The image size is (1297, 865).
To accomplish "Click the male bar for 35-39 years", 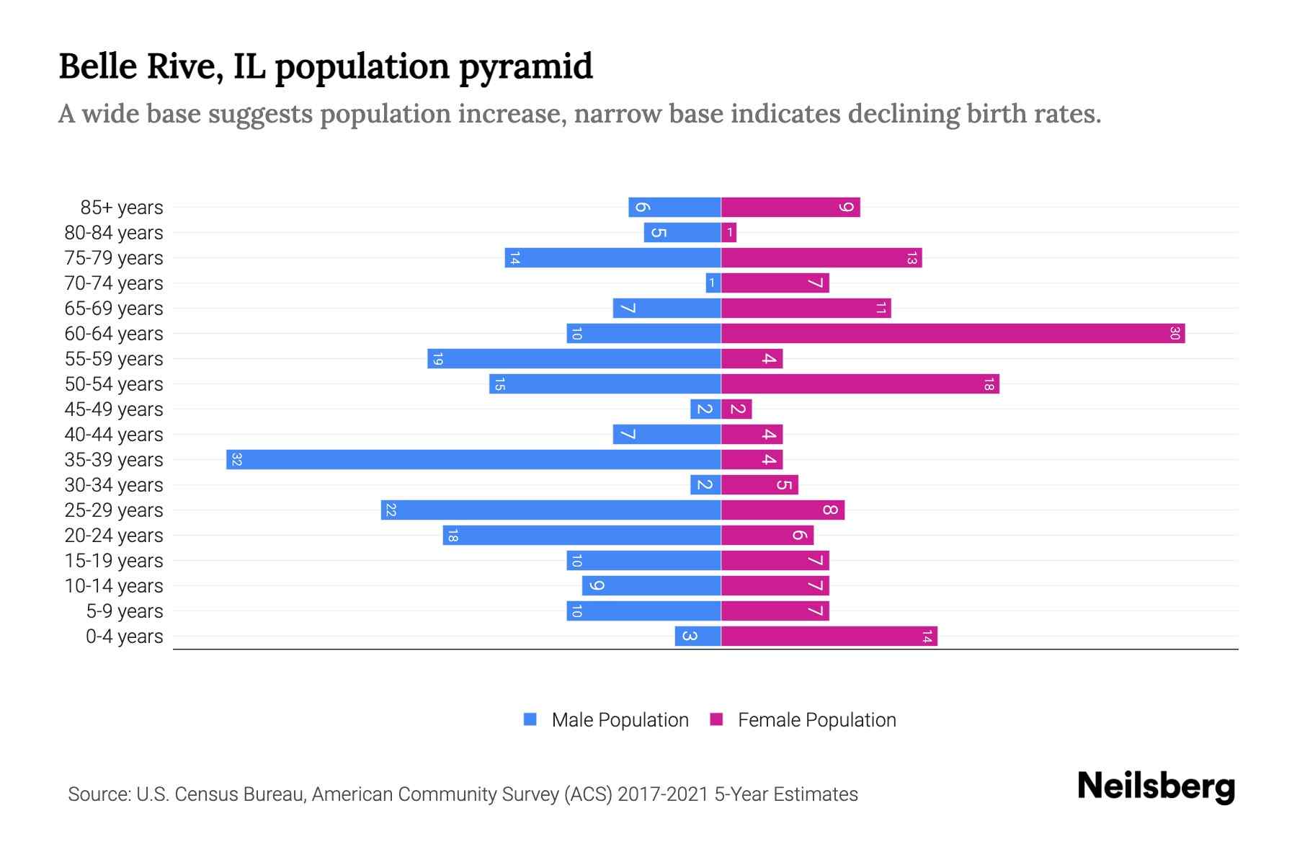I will click(x=473, y=460).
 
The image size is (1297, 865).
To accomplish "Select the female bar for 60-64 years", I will click(x=953, y=334).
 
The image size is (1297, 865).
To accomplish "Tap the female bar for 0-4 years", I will click(x=829, y=636).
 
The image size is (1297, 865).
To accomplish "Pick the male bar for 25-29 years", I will click(x=551, y=510).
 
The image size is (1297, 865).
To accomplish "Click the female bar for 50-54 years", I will click(x=860, y=384).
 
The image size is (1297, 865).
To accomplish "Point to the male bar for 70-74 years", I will click(x=713, y=283).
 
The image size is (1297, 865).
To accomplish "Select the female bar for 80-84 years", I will click(x=729, y=233).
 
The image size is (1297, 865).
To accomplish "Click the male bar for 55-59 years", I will click(x=574, y=359).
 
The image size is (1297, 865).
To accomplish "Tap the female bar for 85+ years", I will click(x=790, y=208).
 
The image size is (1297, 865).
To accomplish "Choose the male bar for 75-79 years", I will click(x=612, y=258).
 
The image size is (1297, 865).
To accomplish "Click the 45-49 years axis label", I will click(x=114, y=409).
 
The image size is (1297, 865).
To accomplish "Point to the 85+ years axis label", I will click(x=122, y=208).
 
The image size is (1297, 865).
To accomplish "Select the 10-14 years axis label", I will click(x=114, y=586).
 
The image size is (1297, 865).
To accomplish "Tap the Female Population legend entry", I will click(x=803, y=720).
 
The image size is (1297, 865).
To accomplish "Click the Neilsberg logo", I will click(x=1156, y=786).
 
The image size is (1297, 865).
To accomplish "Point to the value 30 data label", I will click(x=1175, y=334).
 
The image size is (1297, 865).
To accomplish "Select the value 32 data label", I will click(x=236, y=460).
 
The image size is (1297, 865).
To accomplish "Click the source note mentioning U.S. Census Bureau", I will click(x=463, y=794).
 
